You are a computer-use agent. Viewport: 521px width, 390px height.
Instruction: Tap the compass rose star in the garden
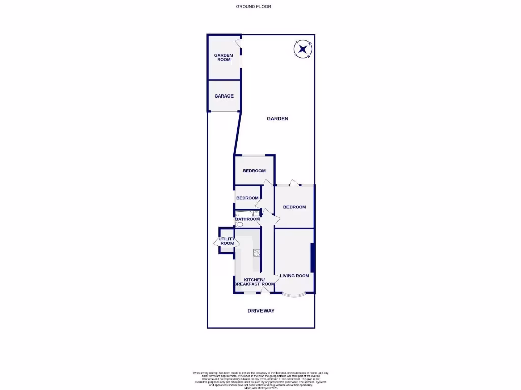click(303, 49)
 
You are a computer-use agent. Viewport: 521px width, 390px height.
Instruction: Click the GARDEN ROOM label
click(223, 57)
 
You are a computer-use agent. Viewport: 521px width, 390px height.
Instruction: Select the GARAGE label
click(224, 96)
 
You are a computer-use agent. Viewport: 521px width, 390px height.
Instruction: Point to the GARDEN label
click(277, 119)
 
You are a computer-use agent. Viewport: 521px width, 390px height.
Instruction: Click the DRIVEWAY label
click(260, 310)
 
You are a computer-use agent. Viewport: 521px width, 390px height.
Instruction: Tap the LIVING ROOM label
click(295, 276)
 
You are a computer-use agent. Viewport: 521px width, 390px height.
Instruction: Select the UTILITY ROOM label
click(227, 241)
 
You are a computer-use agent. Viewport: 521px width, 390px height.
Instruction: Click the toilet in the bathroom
click(240, 224)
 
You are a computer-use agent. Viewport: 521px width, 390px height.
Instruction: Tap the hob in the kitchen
click(257, 252)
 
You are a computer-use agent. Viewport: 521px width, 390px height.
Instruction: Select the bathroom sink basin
click(256, 213)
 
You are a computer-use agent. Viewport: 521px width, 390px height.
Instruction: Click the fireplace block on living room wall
click(312, 257)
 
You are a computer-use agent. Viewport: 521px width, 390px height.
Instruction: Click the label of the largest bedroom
click(295, 207)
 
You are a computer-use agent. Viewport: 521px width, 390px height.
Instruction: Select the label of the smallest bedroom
click(247, 198)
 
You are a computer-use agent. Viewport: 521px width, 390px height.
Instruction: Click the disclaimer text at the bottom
click(260, 380)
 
